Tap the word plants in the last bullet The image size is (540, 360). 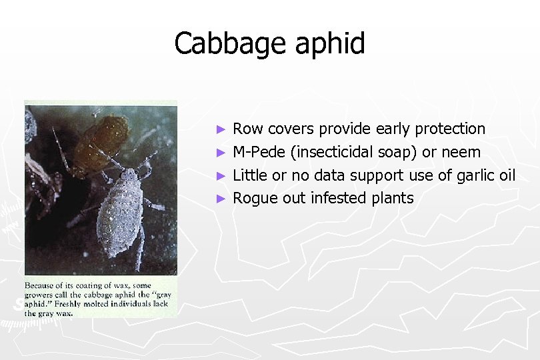coord(391,199)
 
